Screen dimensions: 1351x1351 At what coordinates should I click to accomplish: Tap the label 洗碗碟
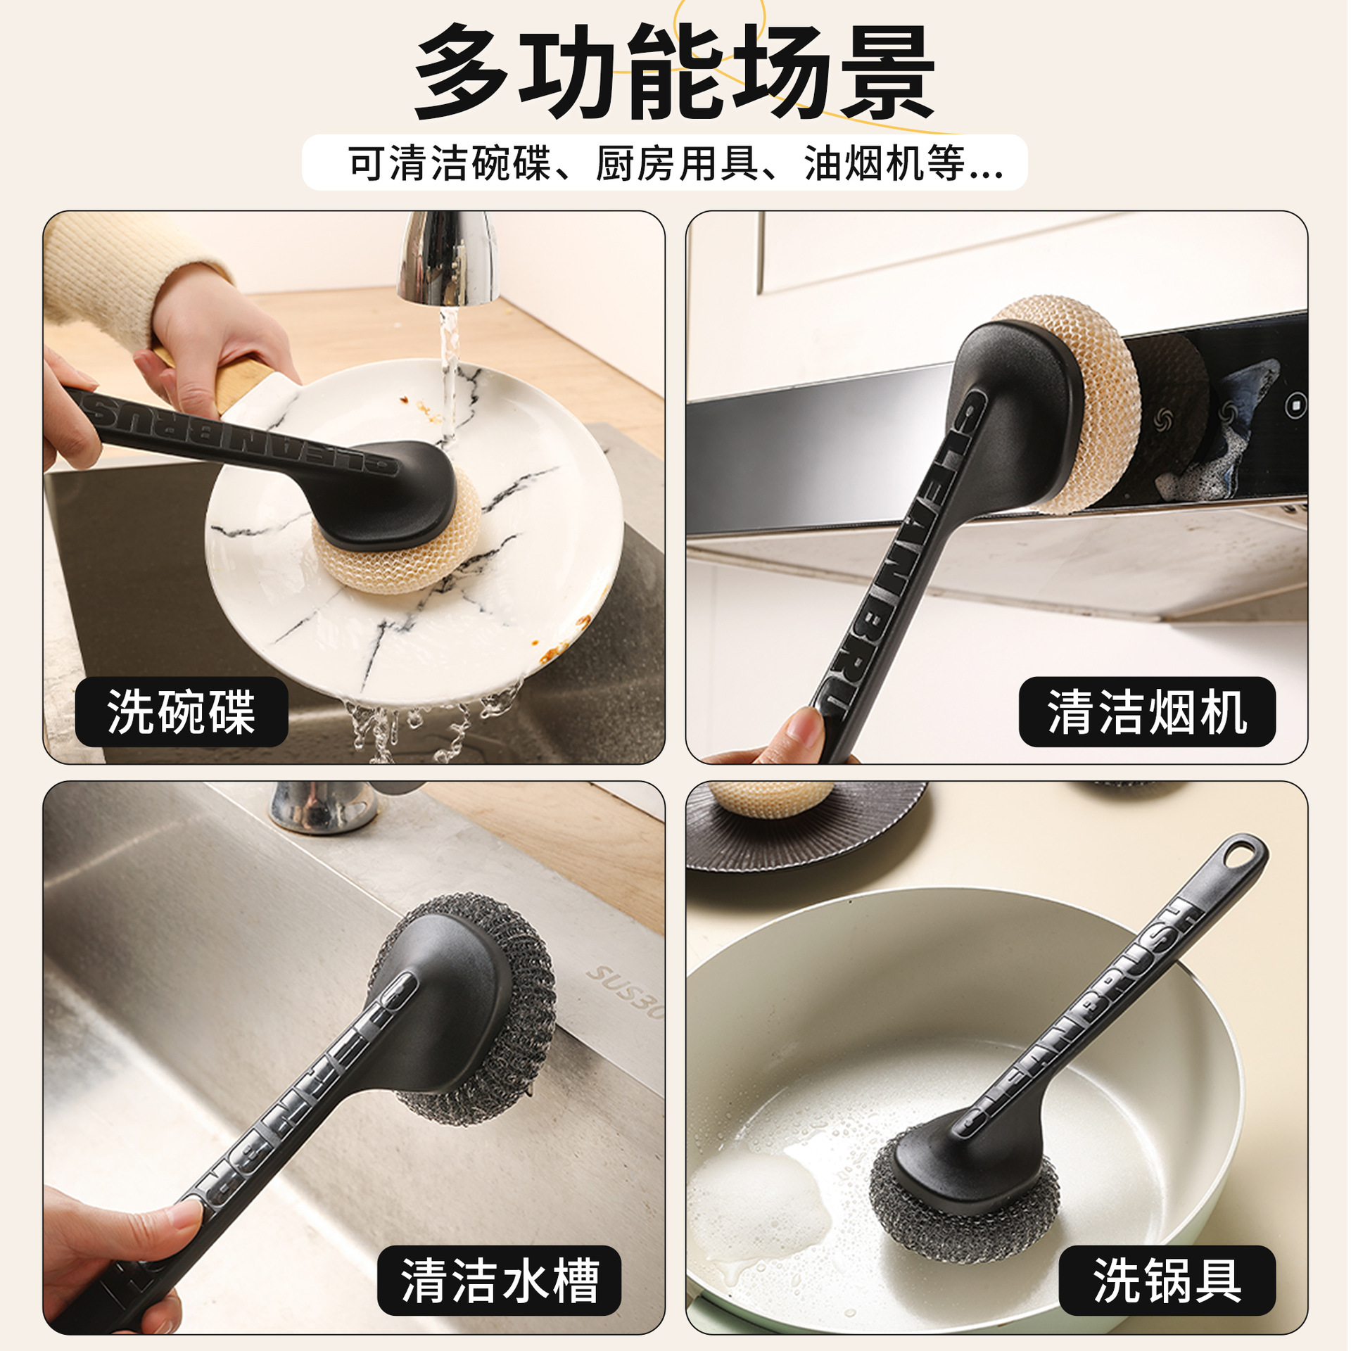pos(182,712)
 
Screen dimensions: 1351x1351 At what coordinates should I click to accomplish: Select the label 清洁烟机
pos(1146,712)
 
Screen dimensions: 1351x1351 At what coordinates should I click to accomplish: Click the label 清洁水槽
pos(499,1281)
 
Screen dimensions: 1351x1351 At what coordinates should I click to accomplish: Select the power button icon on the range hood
pos(1295,405)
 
